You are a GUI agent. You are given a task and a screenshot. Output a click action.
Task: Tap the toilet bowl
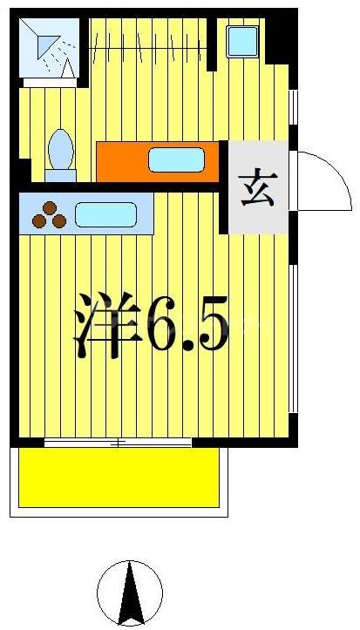click(x=61, y=152)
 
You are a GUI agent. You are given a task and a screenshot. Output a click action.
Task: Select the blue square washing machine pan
click(x=241, y=42)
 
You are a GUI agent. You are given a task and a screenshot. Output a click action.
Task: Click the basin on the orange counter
click(x=176, y=159)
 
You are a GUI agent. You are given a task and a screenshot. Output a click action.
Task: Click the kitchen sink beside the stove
click(x=105, y=214)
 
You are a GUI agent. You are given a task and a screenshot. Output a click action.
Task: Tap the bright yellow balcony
click(x=119, y=478)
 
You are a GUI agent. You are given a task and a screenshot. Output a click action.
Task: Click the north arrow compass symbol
click(x=130, y=593)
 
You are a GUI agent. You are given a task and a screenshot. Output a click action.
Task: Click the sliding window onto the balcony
click(x=118, y=443)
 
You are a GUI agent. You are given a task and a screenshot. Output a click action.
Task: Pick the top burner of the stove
click(x=50, y=207)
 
